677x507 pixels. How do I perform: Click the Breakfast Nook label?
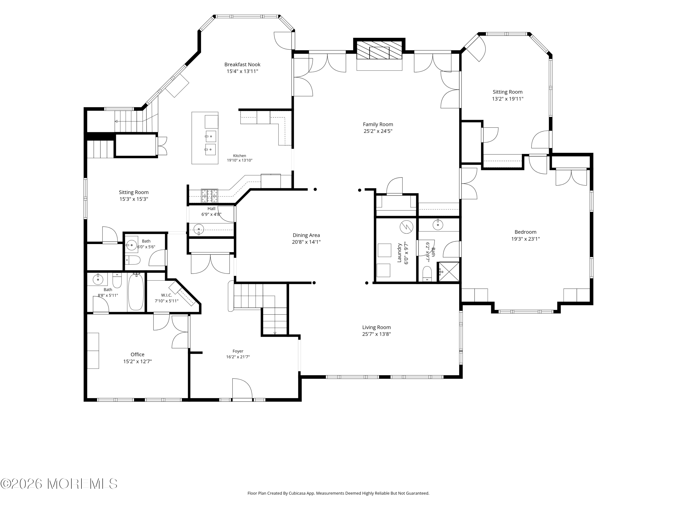point(242,64)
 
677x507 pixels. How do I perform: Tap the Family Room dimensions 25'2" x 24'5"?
point(378,131)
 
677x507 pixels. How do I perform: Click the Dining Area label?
point(306,235)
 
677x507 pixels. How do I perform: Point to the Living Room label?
point(376,327)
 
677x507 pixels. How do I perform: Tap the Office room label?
point(137,354)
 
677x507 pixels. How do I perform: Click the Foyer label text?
point(238,351)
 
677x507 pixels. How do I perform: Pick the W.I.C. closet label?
point(167,295)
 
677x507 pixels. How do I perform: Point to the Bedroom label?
point(526,232)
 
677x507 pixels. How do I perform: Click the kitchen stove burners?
point(210,196)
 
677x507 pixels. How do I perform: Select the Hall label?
point(211,208)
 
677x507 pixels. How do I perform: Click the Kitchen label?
point(240,155)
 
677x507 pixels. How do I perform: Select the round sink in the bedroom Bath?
point(438,225)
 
